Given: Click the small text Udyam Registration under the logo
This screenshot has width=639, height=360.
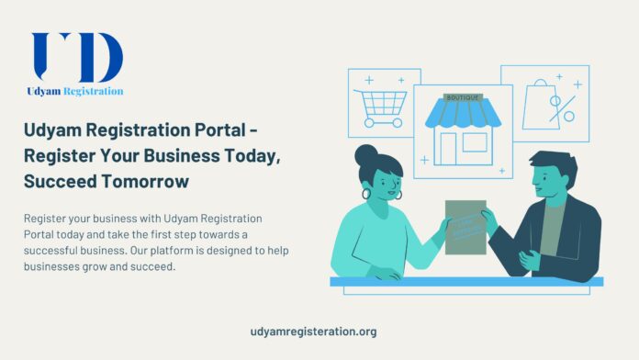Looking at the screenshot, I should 75,92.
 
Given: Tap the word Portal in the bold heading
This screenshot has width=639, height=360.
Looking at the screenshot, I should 208,132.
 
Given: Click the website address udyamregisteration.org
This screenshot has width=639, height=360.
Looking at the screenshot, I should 313,332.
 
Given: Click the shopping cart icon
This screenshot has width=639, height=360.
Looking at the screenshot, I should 381,102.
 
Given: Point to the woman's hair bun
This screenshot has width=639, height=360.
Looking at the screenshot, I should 366,154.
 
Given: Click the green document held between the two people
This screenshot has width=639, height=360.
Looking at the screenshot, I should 465,226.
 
